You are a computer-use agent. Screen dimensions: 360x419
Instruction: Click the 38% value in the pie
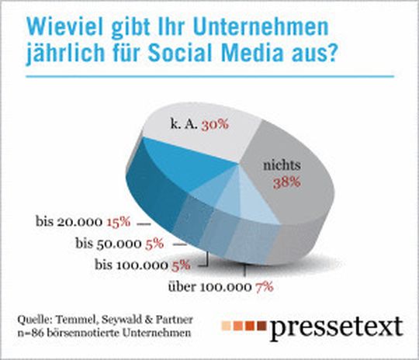pyautogui.click(x=286, y=183)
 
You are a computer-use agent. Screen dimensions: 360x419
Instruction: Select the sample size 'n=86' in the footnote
pyautogui.click(x=32, y=334)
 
